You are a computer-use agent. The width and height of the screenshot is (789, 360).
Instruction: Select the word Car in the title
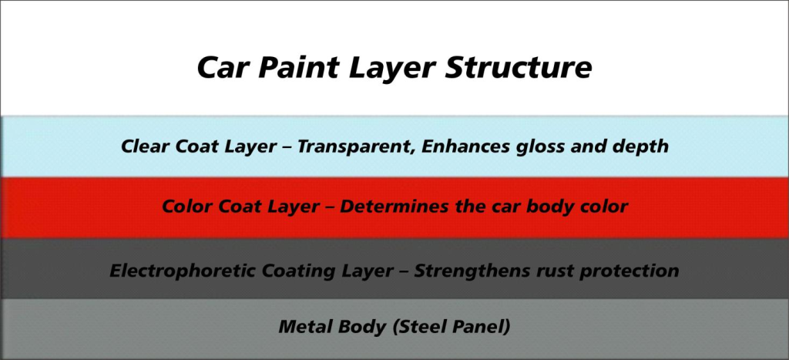click(224, 68)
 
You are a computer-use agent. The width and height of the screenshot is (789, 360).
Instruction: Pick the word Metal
click(304, 326)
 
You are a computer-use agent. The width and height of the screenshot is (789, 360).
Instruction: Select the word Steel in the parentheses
click(415, 326)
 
